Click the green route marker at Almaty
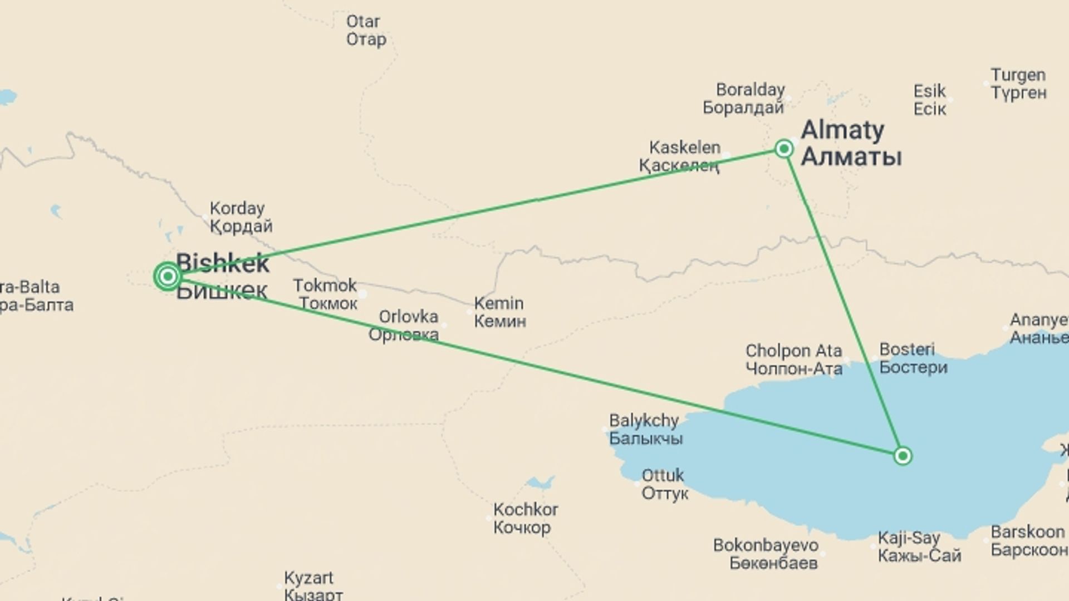point(784,149)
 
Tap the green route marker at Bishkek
point(168,276)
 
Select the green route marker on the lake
point(903,456)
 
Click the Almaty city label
point(851,144)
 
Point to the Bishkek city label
point(223,277)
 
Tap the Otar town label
point(366,30)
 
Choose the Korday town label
point(241,217)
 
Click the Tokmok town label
point(325,294)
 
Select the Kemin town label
point(499,312)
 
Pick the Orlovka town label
point(405,326)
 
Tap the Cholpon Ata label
point(793,359)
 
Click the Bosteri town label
point(913,358)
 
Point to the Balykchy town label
point(645,429)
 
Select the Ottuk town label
point(664,484)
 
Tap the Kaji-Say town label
point(919,546)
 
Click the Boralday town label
point(746,98)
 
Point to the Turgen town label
point(1018,83)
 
